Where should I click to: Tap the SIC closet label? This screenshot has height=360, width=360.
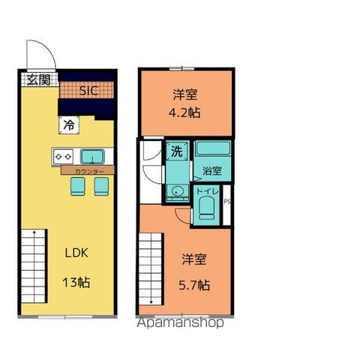tap(88, 90)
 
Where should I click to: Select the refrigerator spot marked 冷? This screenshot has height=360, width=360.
tap(69, 125)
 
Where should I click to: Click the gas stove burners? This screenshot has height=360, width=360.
tap(62, 157)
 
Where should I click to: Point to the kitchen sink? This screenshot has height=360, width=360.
tap(92, 157)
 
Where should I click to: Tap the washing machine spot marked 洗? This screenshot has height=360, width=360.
tap(176, 150)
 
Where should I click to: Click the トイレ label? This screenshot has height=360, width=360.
tap(206, 192)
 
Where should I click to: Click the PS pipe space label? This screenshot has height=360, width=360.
tap(226, 201)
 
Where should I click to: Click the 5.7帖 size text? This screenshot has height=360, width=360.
tap(195, 285)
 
